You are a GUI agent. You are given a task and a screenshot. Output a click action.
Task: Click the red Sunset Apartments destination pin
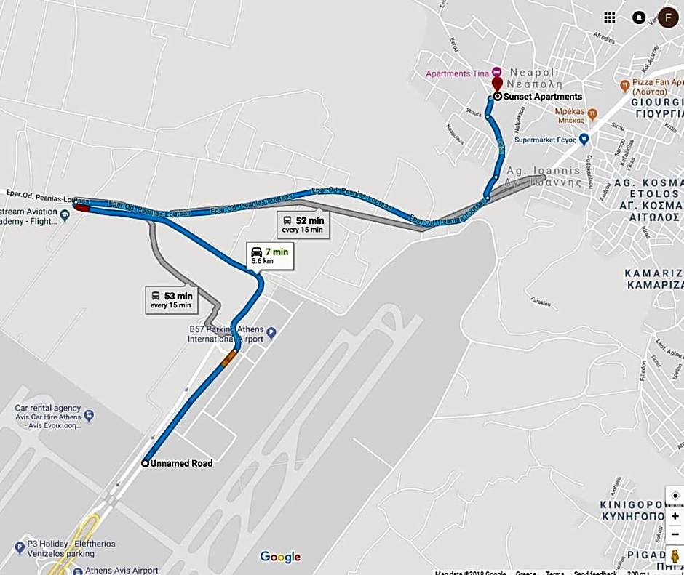[497, 84]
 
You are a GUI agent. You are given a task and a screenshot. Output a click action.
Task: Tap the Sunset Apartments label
[542, 97]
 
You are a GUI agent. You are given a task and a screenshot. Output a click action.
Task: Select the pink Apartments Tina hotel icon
[496, 73]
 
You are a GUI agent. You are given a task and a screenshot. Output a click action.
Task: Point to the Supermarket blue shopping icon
[584, 139]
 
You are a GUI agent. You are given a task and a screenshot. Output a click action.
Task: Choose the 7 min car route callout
[270, 255]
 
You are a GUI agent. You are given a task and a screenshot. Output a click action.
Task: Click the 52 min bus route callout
[303, 224]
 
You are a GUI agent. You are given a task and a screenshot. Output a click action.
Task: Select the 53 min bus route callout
[171, 299]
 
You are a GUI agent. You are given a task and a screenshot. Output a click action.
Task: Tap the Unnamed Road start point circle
[146, 463]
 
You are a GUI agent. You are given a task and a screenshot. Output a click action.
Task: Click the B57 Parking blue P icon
[271, 334]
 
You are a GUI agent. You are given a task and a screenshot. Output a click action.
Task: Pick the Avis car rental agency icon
[89, 417]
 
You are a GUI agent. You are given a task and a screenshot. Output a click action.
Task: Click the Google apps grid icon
[610, 17]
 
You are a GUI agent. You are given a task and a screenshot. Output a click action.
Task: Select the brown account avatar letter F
[669, 17]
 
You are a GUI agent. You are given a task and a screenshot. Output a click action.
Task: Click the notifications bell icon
[639, 17]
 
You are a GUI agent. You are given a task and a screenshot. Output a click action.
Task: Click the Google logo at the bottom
[280, 557]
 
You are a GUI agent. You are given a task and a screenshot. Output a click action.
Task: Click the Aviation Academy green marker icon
[65, 214]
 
